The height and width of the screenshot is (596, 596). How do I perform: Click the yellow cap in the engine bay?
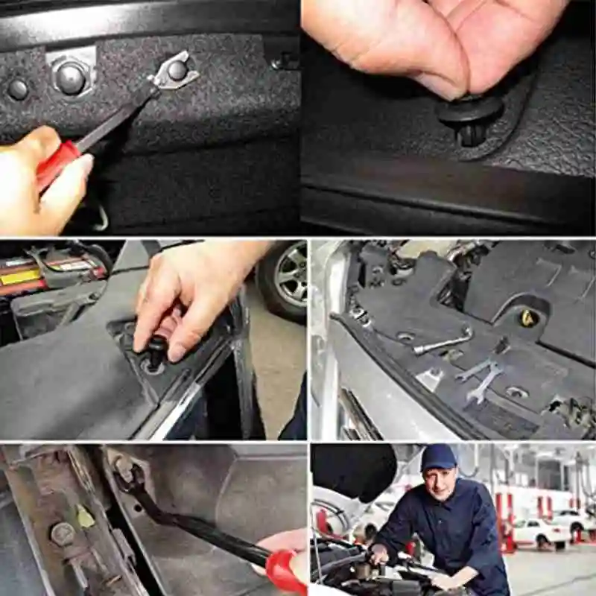528,318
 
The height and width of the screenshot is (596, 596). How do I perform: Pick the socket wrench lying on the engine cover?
443,343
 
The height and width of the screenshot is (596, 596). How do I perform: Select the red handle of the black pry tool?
284,570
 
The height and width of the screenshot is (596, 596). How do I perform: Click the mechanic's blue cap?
438,457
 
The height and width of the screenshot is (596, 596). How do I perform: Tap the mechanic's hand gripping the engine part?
380,555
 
